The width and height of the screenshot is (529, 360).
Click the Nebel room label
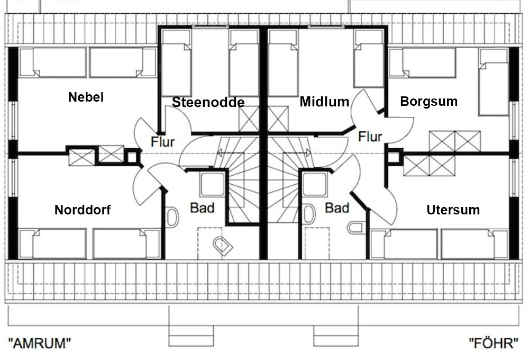(x=86, y=97)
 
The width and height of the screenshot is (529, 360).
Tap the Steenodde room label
(x=208, y=102)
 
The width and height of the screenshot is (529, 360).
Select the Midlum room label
(x=324, y=101)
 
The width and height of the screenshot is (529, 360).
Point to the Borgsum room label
(x=429, y=101)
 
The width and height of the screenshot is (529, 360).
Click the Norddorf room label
(x=83, y=210)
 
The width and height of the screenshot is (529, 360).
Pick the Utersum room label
(x=453, y=210)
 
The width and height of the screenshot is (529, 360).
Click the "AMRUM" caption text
(x=40, y=344)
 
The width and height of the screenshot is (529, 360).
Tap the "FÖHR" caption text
(x=494, y=343)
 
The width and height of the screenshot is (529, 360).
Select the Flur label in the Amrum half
(x=162, y=142)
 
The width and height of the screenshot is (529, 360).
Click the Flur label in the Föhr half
(x=370, y=137)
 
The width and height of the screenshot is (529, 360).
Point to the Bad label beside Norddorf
(x=202, y=208)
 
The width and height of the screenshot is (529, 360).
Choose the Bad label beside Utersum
(x=336, y=208)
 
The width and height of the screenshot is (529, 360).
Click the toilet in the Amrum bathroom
(x=223, y=245)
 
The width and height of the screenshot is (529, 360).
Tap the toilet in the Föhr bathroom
(x=356, y=228)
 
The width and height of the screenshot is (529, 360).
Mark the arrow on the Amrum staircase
(x=230, y=154)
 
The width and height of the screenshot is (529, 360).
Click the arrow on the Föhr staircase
(x=297, y=152)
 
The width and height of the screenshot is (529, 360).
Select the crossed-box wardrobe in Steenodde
(x=249, y=119)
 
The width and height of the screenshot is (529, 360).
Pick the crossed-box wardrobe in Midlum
(x=278, y=119)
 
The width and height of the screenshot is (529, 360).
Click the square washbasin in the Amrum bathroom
(x=212, y=184)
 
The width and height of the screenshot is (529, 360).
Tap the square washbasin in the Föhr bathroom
(x=315, y=184)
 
